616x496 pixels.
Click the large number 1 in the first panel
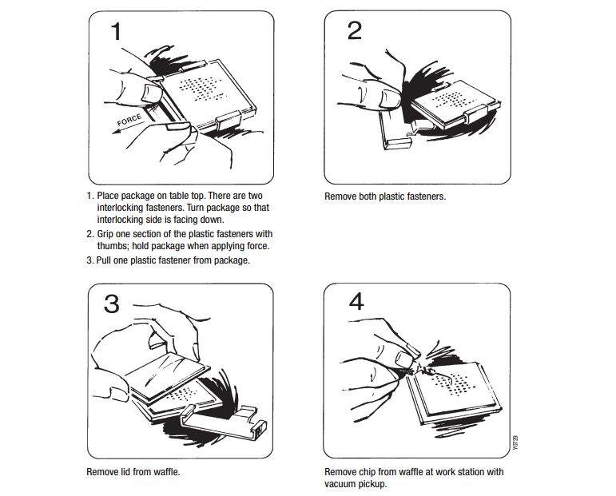click(117, 33)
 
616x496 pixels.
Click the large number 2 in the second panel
click(355, 31)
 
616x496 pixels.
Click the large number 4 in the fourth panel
click(356, 303)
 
